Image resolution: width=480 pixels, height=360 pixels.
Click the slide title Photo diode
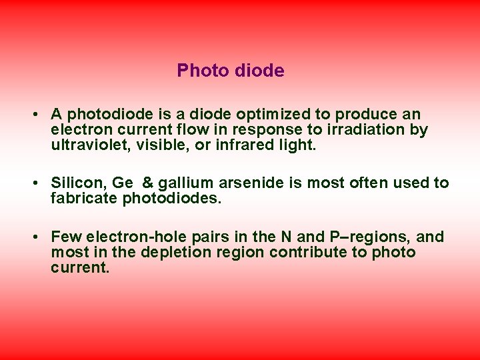231,71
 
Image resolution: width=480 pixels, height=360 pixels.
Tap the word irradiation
368,129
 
